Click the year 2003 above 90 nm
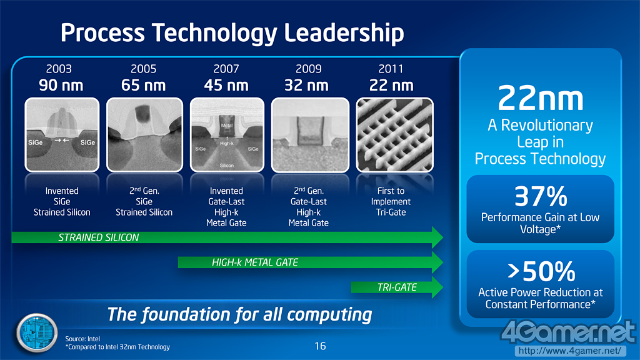point(59,69)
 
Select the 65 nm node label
point(143,85)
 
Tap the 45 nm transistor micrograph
point(227,135)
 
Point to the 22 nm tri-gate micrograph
point(395,135)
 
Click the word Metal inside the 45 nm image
point(226,125)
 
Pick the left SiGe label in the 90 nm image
point(36,142)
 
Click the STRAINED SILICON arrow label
point(98,237)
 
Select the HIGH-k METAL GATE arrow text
point(255,262)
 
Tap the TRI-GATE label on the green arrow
point(397,287)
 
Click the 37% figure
point(541,197)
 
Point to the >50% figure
point(541,271)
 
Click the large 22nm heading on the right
point(541,98)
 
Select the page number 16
point(321,346)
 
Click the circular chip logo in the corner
point(36,333)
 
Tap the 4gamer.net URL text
point(570,351)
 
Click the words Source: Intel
point(82,339)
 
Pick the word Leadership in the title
point(344,32)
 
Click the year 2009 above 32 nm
point(308,69)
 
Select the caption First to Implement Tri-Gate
point(391,202)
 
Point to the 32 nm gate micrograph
point(310,135)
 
